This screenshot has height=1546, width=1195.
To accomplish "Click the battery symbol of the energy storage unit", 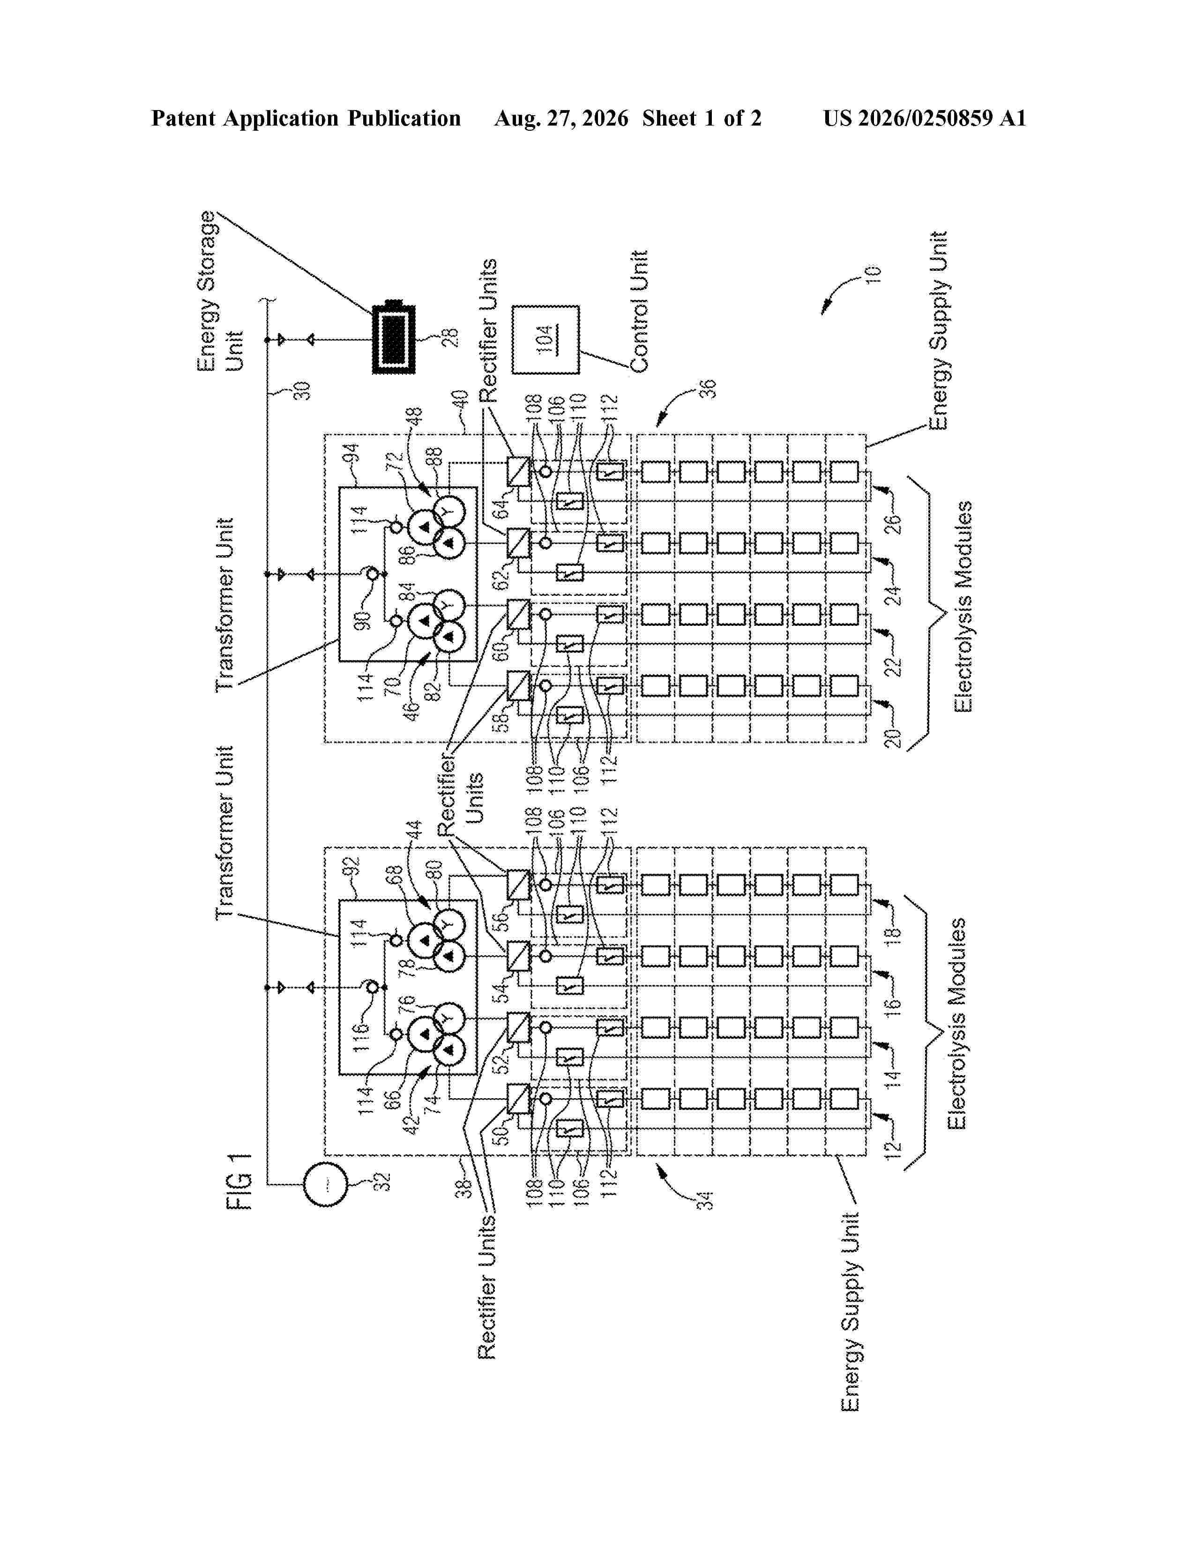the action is [394, 340].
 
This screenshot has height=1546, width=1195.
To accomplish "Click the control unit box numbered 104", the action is [545, 340].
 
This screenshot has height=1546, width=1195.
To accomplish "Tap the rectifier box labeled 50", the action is [519, 1099].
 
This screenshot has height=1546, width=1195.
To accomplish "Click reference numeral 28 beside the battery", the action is [450, 337].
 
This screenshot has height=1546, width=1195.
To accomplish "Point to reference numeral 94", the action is [352, 453].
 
